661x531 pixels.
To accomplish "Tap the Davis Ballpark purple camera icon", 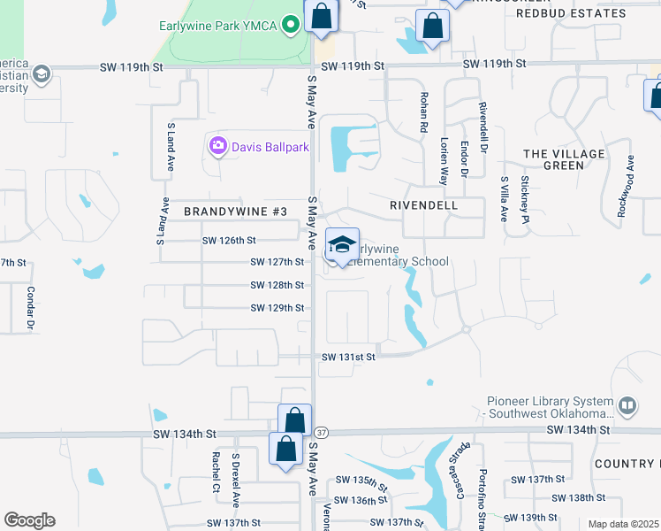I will click(217, 145).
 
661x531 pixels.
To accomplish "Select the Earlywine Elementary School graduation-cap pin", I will click(342, 245).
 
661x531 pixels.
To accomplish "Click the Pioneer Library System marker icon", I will click(627, 405).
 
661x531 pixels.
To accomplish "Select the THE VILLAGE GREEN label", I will click(565, 159).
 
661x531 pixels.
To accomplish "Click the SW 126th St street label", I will click(229, 240).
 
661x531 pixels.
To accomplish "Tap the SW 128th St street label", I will click(277, 285).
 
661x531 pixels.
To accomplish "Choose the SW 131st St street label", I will click(349, 357).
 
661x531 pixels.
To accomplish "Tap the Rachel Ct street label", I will click(216, 473).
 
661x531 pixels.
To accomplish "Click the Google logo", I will click(29, 520).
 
